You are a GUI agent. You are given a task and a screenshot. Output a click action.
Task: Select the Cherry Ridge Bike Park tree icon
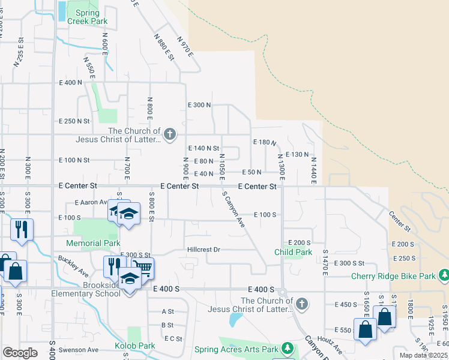(x=444, y=276)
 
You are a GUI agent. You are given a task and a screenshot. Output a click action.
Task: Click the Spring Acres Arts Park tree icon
(x=287, y=348)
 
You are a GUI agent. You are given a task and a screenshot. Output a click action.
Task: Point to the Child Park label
(x=294, y=252)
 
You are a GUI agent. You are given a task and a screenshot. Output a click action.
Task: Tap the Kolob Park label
(x=135, y=346)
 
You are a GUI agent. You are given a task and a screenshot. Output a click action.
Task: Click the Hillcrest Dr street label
(x=203, y=250)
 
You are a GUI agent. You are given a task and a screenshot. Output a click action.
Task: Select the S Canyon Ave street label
(x=234, y=209)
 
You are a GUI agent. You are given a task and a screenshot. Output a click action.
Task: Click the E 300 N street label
(x=199, y=104)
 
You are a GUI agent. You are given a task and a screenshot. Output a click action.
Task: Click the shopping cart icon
(x=143, y=268)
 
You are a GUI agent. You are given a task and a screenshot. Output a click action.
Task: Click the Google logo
(x=20, y=353)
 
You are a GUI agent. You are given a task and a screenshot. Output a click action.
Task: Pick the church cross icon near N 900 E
(x=170, y=134)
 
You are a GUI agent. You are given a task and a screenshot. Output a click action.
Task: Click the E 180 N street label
(x=265, y=142)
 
